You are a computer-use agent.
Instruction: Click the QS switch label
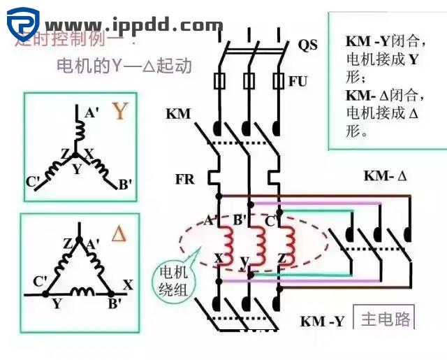pyautogui.click(x=307, y=45)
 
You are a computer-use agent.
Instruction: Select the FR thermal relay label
pyautogui.click(x=184, y=180)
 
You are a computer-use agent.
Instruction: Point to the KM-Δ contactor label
pyautogui.click(x=384, y=176)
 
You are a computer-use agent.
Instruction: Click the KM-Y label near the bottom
pyautogui.click(x=322, y=322)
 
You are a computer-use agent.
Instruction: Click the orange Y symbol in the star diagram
pyautogui.click(x=121, y=111)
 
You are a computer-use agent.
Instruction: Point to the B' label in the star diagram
pyautogui.click(x=126, y=185)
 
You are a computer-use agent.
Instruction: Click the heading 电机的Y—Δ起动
pyautogui.click(x=124, y=66)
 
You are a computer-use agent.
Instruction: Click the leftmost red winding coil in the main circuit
pyautogui.click(x=226, y=241)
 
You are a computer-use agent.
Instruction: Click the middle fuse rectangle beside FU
pyautogui.click(x=247, y=80)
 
